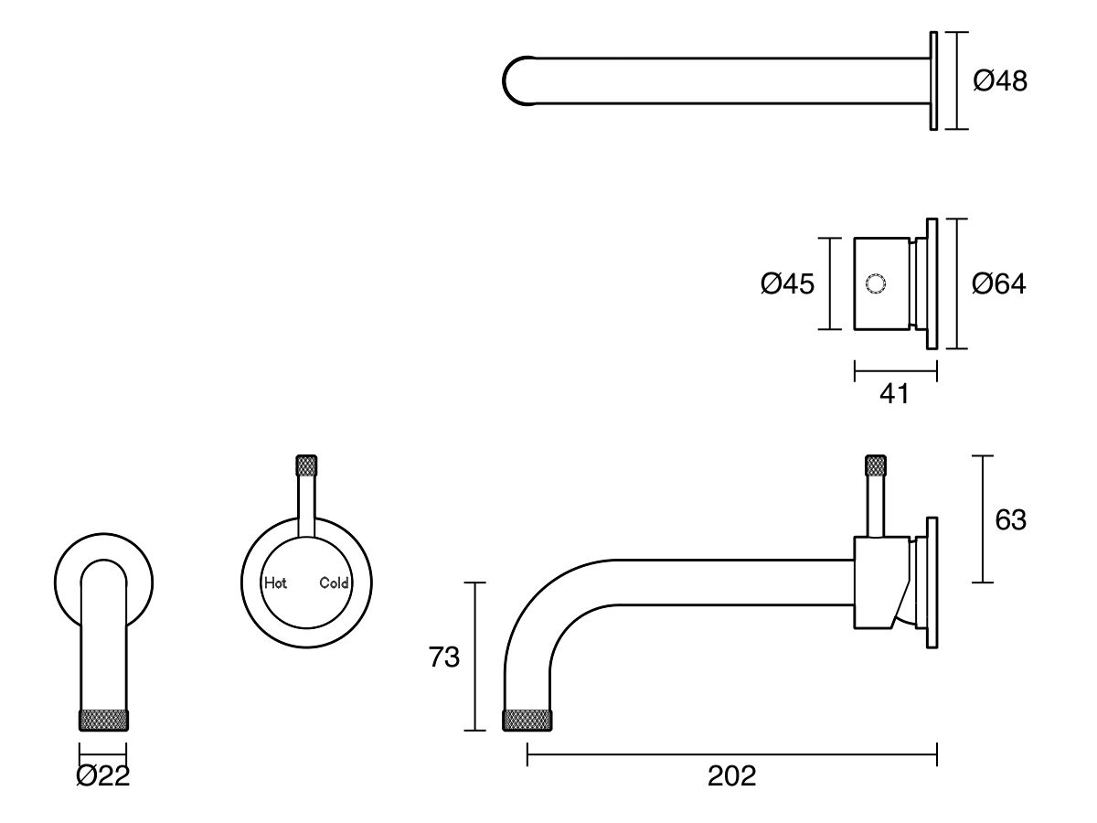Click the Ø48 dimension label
1000,81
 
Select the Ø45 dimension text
786,283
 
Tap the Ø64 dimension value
998,283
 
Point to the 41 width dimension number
894,394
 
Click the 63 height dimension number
1010,519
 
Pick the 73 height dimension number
444,657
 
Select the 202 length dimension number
731,776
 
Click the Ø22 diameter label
103,776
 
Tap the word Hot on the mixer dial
275,583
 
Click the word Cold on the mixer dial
334,583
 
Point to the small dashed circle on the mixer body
875,283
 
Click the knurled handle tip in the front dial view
306,465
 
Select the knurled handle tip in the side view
876,465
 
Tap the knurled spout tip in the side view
528,720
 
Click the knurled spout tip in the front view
103,720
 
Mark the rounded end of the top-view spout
514,81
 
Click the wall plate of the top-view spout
933,81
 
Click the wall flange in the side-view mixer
932,583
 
